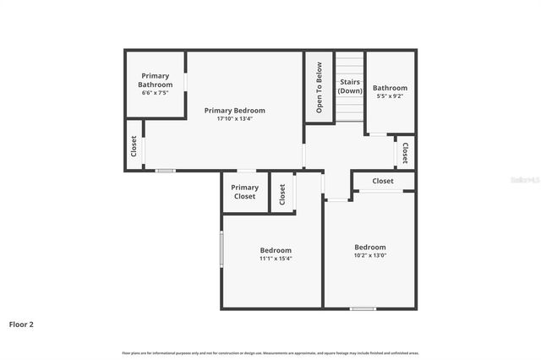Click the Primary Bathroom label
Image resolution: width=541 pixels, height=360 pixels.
click(156, 80)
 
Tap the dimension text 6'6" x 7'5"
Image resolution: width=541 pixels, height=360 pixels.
click(156, 92)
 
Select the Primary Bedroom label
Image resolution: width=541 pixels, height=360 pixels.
click(235, 111)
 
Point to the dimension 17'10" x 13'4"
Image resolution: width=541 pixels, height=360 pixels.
click(235, 119)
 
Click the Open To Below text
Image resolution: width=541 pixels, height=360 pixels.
click(319, 87)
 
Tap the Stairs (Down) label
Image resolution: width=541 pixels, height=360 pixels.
click(350, 86)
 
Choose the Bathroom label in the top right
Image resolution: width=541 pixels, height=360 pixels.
click(390, 88)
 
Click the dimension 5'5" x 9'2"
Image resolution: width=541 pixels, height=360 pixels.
click(390, 96)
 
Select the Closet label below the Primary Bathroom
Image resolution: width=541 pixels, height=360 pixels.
click(134, 145)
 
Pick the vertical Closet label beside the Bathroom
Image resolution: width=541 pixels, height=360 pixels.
click(406, 153)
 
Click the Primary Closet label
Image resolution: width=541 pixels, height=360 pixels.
click(245, 192)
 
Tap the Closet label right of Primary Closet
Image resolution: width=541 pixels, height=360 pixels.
click(282, 193)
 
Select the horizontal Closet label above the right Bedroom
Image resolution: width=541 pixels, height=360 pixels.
click(383, 181)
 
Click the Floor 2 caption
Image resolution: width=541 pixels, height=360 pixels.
click(21, 324)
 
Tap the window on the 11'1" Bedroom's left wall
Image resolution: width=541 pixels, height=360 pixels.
click(221, 250)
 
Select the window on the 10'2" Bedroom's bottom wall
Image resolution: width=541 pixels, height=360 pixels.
click(363, 308)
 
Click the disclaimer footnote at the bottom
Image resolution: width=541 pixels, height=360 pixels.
click(270, 352)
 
